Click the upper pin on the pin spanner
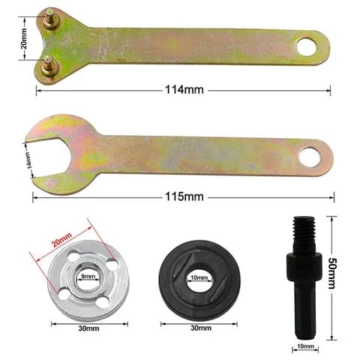click(x=49, y=13)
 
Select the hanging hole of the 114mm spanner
click(x=307, y=47)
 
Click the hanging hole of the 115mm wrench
click(x=309, y=157)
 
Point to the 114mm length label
click(x=184, y=90)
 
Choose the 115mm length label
click(x=184, y=196)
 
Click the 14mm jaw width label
click(x=31, y=160)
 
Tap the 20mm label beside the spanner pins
click(x=25, y=37)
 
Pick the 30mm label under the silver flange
click(x=88, y=328)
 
